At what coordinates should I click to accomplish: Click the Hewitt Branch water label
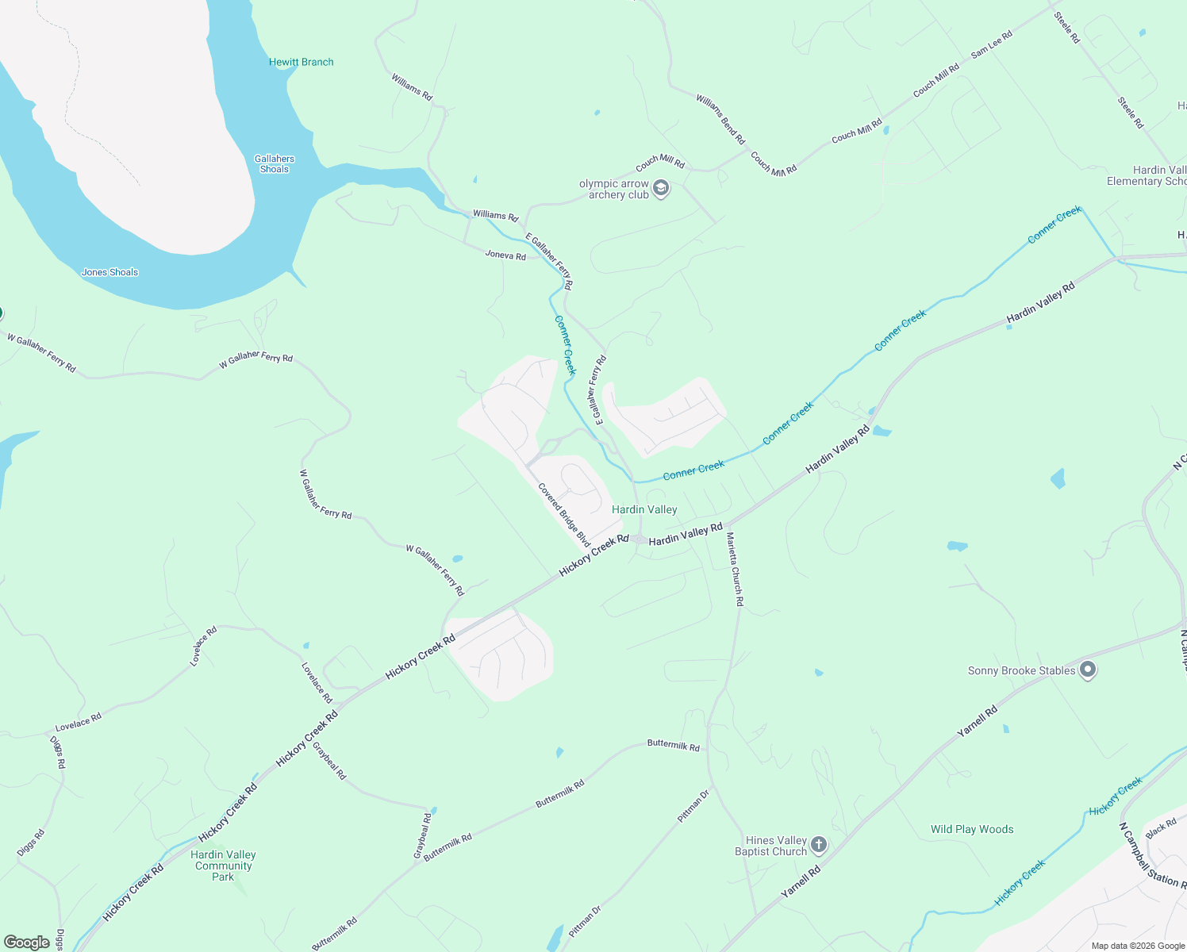[301, 62]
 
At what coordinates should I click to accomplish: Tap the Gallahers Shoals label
[275, 163]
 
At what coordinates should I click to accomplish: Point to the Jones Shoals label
[109, 272]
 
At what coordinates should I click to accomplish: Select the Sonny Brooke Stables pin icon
[1089, 670]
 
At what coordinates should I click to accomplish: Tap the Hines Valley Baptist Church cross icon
[819, 846]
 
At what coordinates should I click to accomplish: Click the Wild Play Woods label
[972, 829]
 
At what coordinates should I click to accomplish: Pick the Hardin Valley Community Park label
[223, 866]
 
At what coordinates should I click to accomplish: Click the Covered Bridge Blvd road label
[564, 515]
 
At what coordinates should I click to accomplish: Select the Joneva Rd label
[505, 255]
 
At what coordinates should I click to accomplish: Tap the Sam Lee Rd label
[992, 44]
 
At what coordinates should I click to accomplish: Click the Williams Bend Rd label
[720, 119]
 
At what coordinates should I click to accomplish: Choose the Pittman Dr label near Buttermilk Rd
[693, 805]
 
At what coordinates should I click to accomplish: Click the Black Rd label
[1161, 829]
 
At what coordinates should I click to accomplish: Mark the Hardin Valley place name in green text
[644, 509]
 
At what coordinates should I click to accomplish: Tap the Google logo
[26, 942]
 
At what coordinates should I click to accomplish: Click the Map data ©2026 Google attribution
[1138, 946]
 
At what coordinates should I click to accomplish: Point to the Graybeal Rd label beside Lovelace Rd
[329, 761]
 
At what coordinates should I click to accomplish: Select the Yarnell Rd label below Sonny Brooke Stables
[977, 721]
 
